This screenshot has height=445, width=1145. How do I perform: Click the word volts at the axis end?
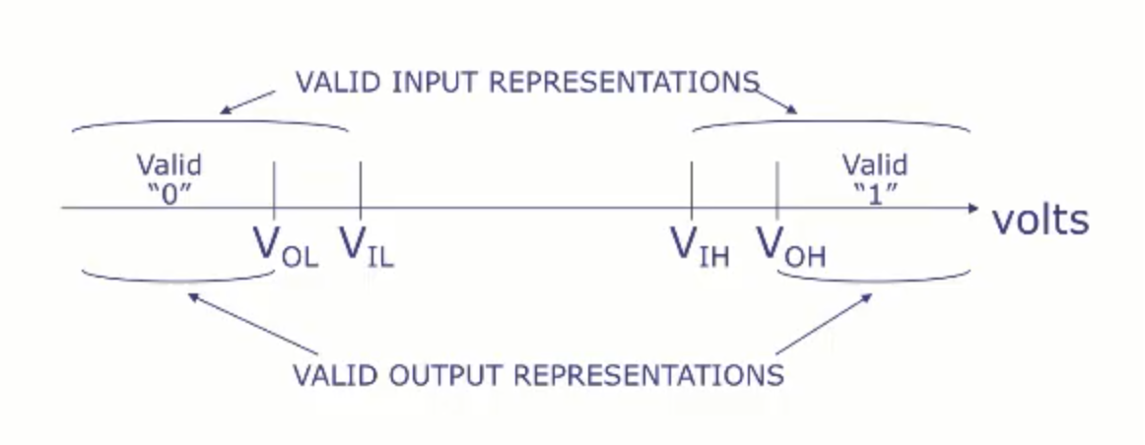click(x=1040, y=219)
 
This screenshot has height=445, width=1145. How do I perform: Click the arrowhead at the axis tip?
click(x=973, y=209)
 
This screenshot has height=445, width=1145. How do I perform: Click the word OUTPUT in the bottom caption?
click(x=444, y=375)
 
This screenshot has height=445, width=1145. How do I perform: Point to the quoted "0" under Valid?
click(x=168, y=196)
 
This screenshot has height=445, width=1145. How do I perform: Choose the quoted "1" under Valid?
click(x=875, y=196)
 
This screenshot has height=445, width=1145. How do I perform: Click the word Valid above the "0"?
click(x=169, y=165)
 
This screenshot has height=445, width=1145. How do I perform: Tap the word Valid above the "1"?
click(x=876, y=165)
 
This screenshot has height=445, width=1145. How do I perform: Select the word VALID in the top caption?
click(x=339, y=82)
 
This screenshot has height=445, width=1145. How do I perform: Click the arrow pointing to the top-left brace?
click(x=248, y=102)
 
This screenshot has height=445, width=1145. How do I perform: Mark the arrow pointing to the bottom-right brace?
click(x=824, y=325)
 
